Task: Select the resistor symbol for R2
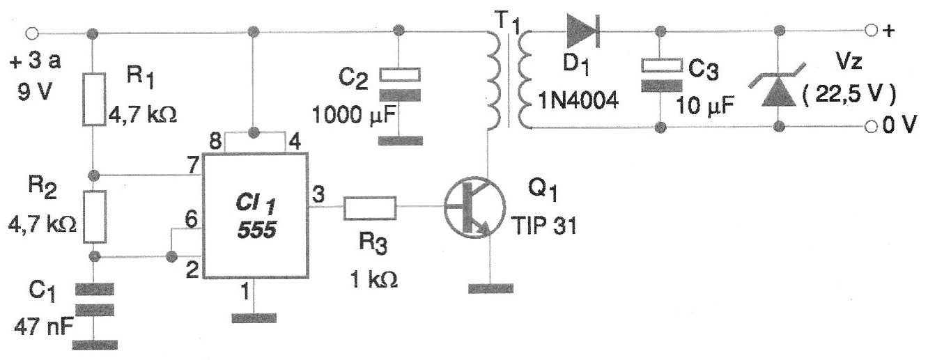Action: [94, 217]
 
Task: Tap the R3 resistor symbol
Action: [369, 208]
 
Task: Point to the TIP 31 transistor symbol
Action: [474, 208]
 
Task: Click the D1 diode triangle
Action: [582, 31]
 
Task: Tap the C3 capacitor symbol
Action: [661, 75]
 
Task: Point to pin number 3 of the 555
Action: [318, 195]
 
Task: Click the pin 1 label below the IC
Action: [245, 294]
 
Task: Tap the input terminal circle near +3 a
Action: [30, 33]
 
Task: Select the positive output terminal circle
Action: [869, 31]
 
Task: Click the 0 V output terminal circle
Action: [869, 127]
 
